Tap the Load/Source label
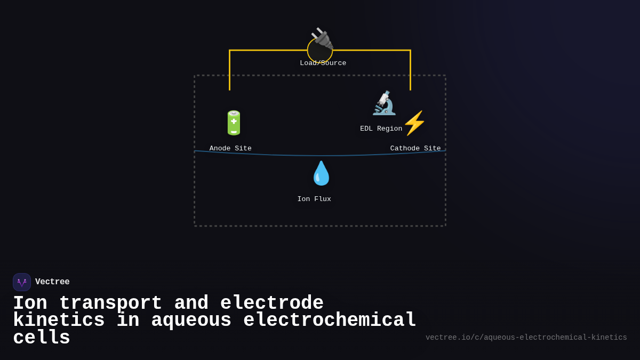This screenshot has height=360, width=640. (x=323, y=63)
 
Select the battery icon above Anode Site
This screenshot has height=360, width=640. (x=234, y=123)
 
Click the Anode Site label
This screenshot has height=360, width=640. (x=230, y=149)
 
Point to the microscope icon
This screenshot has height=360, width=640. (x=384, y=103)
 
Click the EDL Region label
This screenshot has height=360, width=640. (x=381, y=129)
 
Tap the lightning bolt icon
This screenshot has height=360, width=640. (x=414, y=123)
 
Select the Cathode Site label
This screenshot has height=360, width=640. (x=415, y=149)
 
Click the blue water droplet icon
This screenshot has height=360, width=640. (x=321, y=173)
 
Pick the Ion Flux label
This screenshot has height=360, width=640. (x=314, y=199)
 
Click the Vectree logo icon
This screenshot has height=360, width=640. (x=22, y=282)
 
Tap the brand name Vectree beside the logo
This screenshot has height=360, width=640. (x=52, y=282)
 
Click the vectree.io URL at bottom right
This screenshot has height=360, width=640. (x=526, y=338)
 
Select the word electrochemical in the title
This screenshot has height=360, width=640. (x=330, y=321)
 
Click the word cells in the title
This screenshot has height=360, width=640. (x=42, y=338)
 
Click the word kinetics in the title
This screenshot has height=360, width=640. (x=59, y=321)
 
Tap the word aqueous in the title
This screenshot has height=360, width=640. (x=191, y=321)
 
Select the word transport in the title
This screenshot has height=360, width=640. (x=110, y=303)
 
